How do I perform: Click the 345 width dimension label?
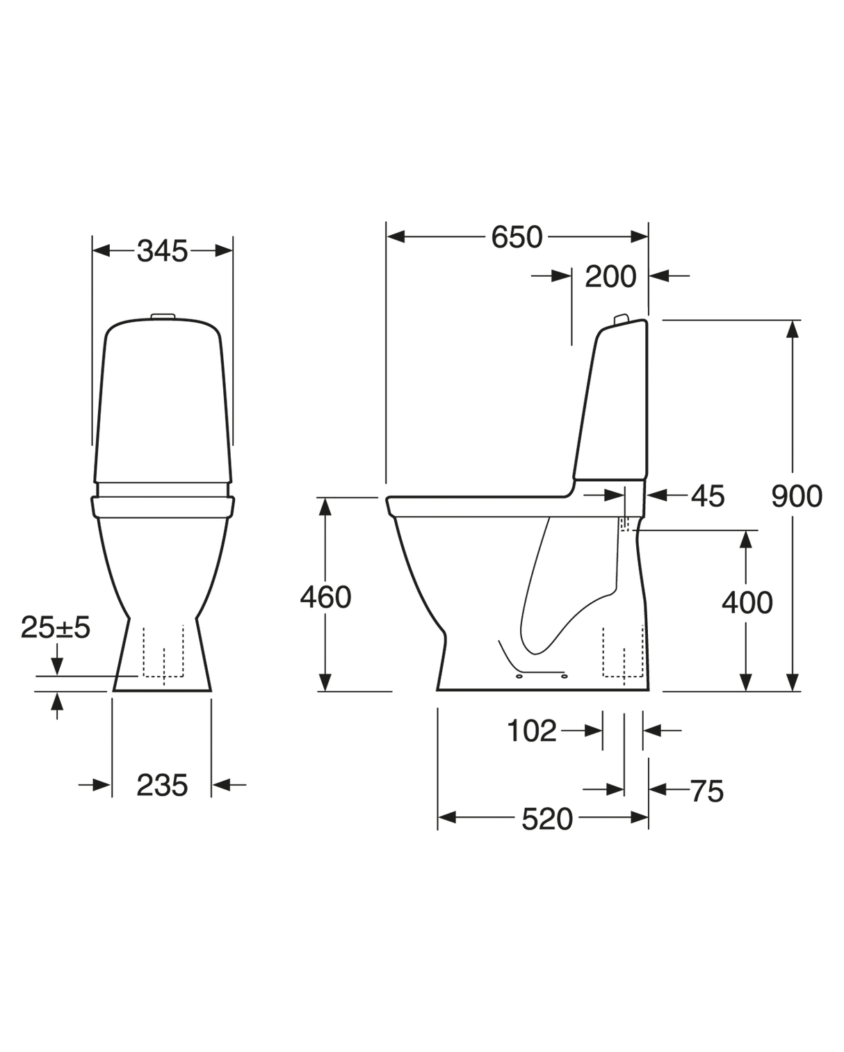[x=162, y=251]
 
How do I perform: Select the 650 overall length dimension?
[x=517, y=237]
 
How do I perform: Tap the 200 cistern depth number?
[x=610, y=277]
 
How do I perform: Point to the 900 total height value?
[x=796, y=496]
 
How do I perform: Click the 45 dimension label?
[x=707, y=496]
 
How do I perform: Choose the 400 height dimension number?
[x=747, y=603]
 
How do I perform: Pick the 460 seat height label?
[x=325, y=597]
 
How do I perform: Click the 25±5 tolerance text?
[x=56, y=627]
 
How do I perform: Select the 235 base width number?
[x=162, y=786]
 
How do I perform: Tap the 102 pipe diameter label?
[x=532, y=731]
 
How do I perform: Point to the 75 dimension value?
[x=706, y=791]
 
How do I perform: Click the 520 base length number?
[x=547, y=819]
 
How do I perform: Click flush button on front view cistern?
[x=162, y=316]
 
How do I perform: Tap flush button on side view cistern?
[x=621, y=319]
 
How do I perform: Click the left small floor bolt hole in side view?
[x=519, y=674]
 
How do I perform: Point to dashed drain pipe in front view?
[x=163, y=654]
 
